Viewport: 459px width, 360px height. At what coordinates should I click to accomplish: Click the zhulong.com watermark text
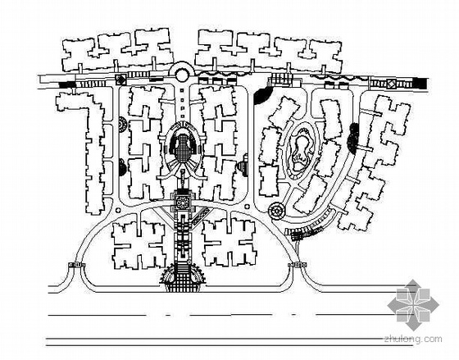(413, 339)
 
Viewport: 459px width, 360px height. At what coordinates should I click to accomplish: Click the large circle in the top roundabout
(182, 75)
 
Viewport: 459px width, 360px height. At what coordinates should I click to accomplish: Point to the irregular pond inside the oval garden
(301, 153)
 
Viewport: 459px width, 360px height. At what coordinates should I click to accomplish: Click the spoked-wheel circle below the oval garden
(275, 210)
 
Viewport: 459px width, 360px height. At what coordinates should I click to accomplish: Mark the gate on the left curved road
(76, 265)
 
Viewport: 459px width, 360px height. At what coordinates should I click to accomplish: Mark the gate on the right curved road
(298, 265)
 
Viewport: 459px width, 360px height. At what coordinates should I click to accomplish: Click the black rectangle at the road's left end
(67, 84)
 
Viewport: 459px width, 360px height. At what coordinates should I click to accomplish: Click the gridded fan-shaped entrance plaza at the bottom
(184, 278)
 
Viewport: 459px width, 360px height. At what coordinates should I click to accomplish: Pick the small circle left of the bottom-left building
(118, 210)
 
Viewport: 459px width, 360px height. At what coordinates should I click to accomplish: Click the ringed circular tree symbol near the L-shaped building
(121, 125)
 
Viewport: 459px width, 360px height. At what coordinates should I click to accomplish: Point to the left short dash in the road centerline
(168, 315)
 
